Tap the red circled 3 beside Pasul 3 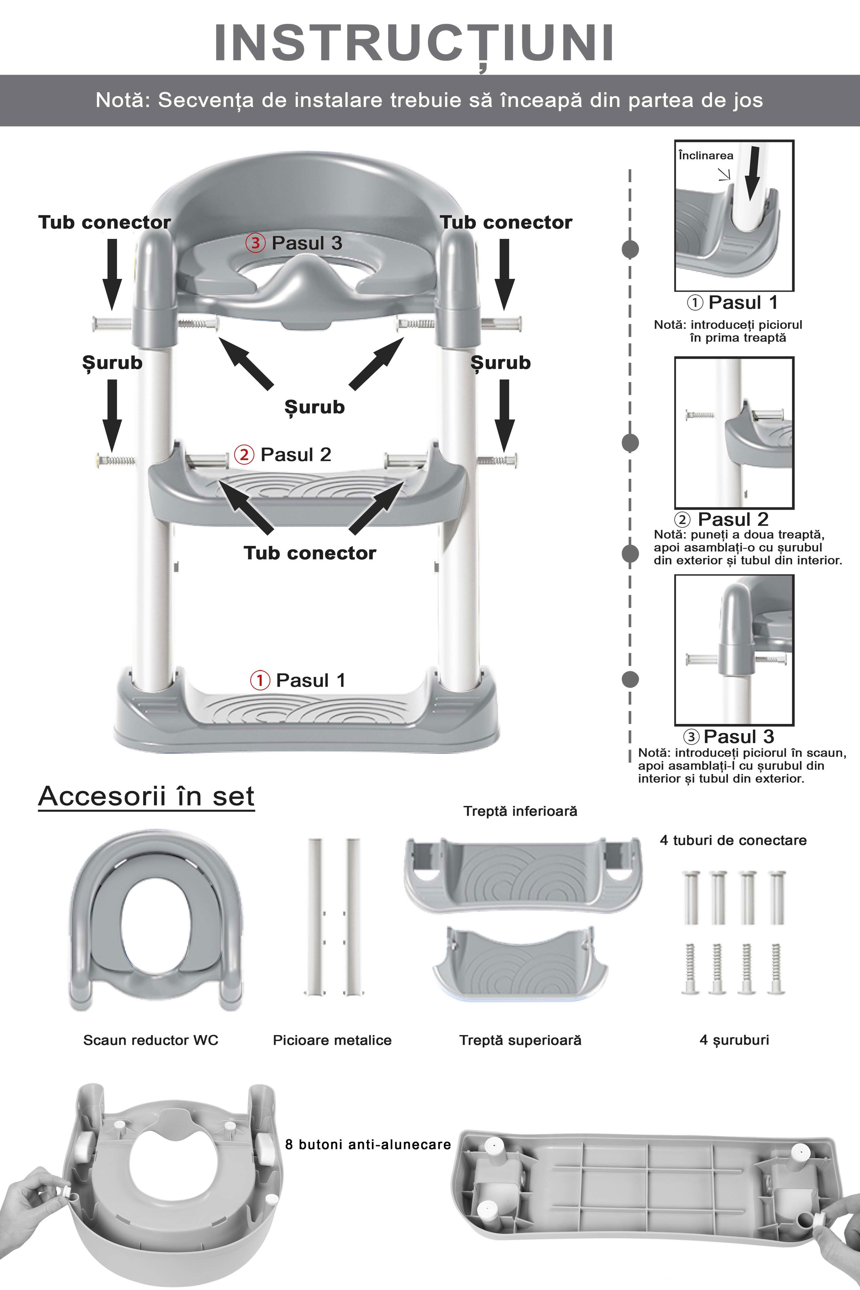(x=255, y=243)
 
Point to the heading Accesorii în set (x=146, y=796)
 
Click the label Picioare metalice (x=332, y=1040)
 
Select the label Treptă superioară (x=520, y=1040)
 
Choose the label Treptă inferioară (x=520, y=811)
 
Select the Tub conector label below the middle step (x=310, y=553)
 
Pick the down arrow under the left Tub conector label (x=112, y=274)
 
